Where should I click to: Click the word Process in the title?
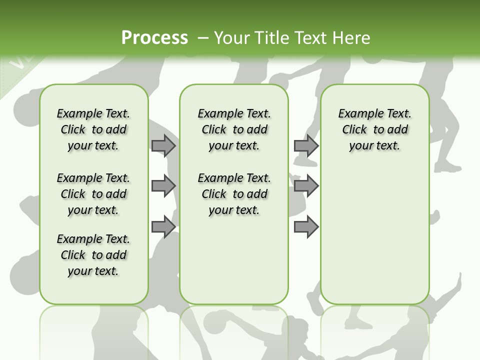pos(154,37)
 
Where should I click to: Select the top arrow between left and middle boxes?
pos(163,145)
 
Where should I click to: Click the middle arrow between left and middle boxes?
pos(163,186)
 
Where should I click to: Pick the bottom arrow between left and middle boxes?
pos(163,227)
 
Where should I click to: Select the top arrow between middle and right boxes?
pos(306,145)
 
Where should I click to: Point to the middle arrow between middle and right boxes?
pos(306,186)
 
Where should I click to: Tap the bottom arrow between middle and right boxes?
pos(306,227)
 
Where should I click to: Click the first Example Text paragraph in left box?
pos(93,129)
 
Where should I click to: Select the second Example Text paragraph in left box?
pos(93,194)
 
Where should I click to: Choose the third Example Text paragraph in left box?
pos(93,255)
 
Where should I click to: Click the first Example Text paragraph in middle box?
pos(234,129)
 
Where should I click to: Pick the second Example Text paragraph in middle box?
pos(234,194)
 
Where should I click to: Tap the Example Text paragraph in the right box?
pos(374,129)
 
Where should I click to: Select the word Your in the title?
pos(230,37)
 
